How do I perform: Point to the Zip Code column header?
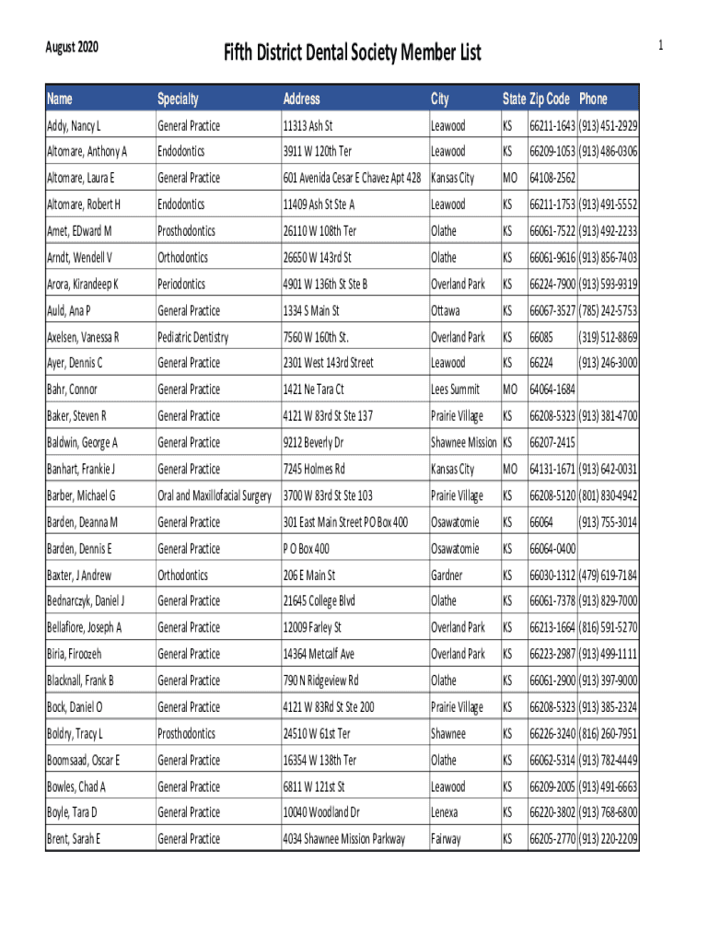click(x=550, y=99)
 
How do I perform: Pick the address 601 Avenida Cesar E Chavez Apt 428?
click(x=352, y=178)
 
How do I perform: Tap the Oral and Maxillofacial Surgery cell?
click(x=215, y=496)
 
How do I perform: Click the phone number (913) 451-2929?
click(x=608, y=125)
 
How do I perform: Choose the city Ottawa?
click(x=446, y=310)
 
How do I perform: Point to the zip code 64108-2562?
click(x=552, y=178)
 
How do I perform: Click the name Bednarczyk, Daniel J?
click(x=86, y=602)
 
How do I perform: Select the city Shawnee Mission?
click(x=463, y=443)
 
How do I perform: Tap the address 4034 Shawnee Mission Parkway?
click(x=343, y=840)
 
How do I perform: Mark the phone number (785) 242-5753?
click(x=608, y=310)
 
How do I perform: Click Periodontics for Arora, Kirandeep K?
click(x=181, y=284)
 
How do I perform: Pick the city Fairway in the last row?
click(x=447, y=840)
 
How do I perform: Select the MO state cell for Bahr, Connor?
click(x=510, y=390)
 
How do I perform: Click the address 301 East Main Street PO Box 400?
click(x=345, y=523)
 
